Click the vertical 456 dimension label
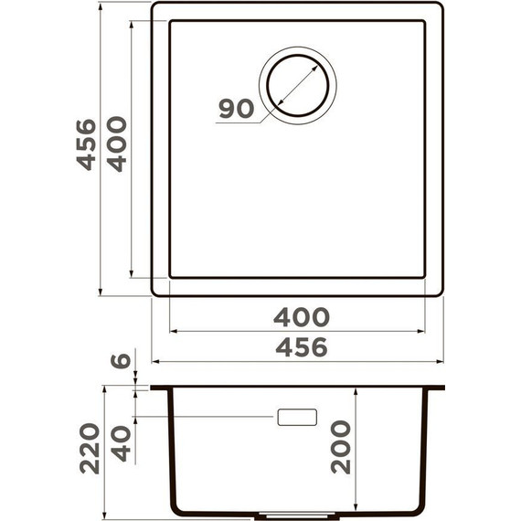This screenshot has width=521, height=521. [x=85, y=144]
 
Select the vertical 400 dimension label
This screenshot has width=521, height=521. [x=116, y=144]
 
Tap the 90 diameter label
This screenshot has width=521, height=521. [x=236, y=109]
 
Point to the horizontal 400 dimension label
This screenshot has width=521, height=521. [x=301, y=317]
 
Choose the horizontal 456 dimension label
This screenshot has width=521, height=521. [x=301, y=347]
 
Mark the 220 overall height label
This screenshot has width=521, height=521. [x=90, y=448]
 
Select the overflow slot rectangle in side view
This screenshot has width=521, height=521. [x=297, y=417]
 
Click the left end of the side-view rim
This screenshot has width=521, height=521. [x=153, y=388]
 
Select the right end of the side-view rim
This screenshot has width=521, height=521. [x=443, y=388]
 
